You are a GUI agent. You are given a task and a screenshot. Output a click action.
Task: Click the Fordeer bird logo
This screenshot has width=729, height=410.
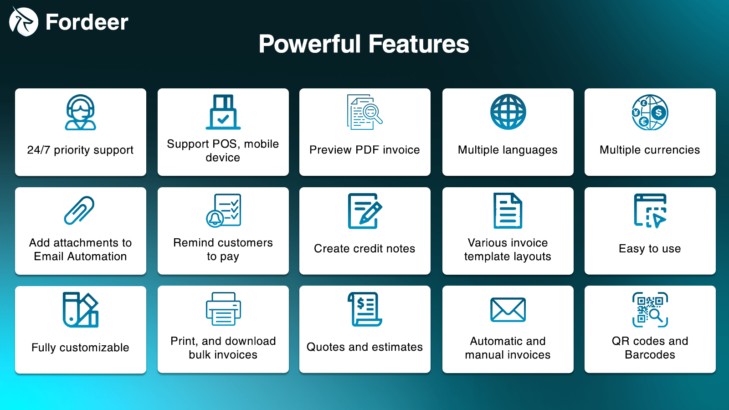[x=23, y=21]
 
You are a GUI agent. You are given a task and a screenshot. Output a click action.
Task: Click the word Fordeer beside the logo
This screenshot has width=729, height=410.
[x=87, y=22]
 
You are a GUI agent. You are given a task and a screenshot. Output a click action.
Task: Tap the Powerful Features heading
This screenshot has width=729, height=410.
[x=364, y=44]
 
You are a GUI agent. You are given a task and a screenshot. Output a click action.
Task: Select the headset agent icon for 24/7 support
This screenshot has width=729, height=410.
[x=80, y=112]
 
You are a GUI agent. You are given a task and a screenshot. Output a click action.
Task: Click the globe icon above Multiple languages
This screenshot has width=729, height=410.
[x=508, y=112]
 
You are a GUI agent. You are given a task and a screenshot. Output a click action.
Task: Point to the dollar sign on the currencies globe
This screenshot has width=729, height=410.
[x=659, y=113]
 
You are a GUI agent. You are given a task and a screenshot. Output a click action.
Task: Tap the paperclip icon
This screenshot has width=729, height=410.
[x=79, y=210]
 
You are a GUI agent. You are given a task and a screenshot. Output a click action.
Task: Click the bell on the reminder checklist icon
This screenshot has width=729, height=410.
[x=215, y=219]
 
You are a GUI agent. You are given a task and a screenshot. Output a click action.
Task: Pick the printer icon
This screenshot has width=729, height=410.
[x=223, y=309]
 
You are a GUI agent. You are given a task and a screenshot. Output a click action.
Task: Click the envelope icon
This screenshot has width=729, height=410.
[x=508, y=310]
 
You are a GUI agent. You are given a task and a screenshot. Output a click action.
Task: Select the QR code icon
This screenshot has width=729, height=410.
[x=650, y=309]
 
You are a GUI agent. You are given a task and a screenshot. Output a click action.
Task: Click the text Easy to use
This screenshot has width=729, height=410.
[x=650, y=249]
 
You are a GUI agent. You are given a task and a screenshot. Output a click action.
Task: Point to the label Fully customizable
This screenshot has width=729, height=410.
[x=80, y=348]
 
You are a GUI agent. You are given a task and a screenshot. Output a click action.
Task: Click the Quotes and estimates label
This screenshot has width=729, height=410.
[x=364, y=347]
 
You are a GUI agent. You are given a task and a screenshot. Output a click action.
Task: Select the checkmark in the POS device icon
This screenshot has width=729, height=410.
[x=223, y=119]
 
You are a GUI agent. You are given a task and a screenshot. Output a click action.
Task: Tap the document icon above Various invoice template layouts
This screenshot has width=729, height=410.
[x=508, y=211]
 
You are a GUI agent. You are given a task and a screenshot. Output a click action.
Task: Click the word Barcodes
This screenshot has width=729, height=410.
[x=650, y=354]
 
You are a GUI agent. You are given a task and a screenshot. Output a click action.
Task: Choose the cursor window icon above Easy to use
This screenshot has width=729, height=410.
[x=650, y=210]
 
